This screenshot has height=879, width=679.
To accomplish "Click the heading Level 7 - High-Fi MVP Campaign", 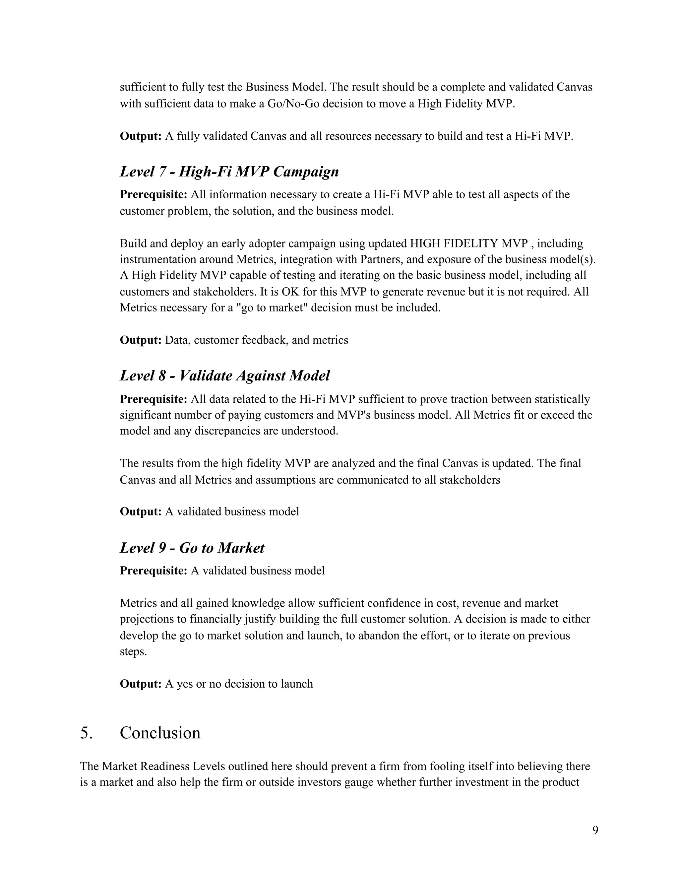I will coord(229,172).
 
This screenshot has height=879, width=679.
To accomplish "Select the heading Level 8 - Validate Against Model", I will coord(224,376).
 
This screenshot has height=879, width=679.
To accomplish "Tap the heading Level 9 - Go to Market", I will coord(192,548).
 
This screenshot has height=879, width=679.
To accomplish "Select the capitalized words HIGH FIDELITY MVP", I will coord(468,243).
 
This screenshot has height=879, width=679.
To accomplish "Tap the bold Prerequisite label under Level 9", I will coord(153,571).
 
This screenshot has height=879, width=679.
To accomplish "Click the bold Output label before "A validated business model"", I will coord(140,511).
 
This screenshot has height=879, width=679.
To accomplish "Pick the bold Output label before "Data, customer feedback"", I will coord(140,340).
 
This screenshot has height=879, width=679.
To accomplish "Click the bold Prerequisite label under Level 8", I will coord(153,399).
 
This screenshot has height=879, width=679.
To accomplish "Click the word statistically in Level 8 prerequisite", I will coord(562,399).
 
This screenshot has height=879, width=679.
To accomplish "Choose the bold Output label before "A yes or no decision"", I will coord(140,684).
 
